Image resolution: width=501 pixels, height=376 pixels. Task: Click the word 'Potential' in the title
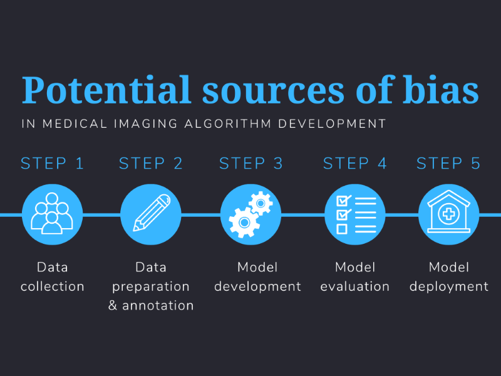pyautogui.click(x=106, y=90)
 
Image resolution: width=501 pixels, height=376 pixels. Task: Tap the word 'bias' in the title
pyautogui.click(x=440, y=90)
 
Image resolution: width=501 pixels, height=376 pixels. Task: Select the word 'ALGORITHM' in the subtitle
pyautogui.click(x=228, y=123)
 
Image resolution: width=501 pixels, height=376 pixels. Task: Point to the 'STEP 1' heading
pyautogui.click(x=53, y=164)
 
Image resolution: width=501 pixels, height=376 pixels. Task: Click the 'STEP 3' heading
pyautogui.click(x=251, y=164)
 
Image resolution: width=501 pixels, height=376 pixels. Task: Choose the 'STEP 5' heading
pyautogui.click(x=448, y=164)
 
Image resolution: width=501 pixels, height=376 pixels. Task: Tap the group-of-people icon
pyautogui.click(x=52, y=214)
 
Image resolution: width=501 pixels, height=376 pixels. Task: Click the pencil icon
pyautogui.click(x=152, y=212)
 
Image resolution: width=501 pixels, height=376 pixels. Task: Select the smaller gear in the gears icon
pyautogui.click(x=261, y=203)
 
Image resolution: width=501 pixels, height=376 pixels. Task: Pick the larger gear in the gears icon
pyautogui.click(x=244, y=222)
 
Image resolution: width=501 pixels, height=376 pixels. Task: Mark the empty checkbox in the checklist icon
pyautogui.click(x=342, y=229)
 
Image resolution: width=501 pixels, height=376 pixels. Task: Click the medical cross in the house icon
pyautogui.click(x=448, y=214)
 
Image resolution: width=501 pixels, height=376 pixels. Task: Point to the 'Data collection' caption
pyautogui.click(x=53, y=277)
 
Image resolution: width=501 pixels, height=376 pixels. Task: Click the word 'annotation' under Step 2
pyautogui.click(x=158, y=306)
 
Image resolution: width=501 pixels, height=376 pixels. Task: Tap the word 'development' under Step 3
pyautogui.click(x=257, y=286)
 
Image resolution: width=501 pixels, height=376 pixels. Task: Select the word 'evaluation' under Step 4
pyautogui.click(x=354, y=286)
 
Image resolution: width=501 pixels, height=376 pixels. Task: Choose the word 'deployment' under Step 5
pyautogui.click(x=448, y=286)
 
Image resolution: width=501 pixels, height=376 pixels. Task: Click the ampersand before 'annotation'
pyautogui.click(x=113, y=306)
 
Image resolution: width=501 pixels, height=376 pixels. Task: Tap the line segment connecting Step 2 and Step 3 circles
pyautogui.click(x=200, y=214)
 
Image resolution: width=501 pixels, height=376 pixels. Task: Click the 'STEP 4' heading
pyautogui.click(x=354, y=164)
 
